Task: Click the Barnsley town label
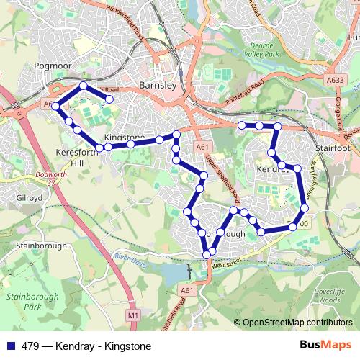tap(157, 84)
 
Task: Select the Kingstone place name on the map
tap(124, 137)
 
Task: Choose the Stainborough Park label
tap(24, 302)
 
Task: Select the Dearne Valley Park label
tap(258, 46)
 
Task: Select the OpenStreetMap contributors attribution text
tap(296, 323)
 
